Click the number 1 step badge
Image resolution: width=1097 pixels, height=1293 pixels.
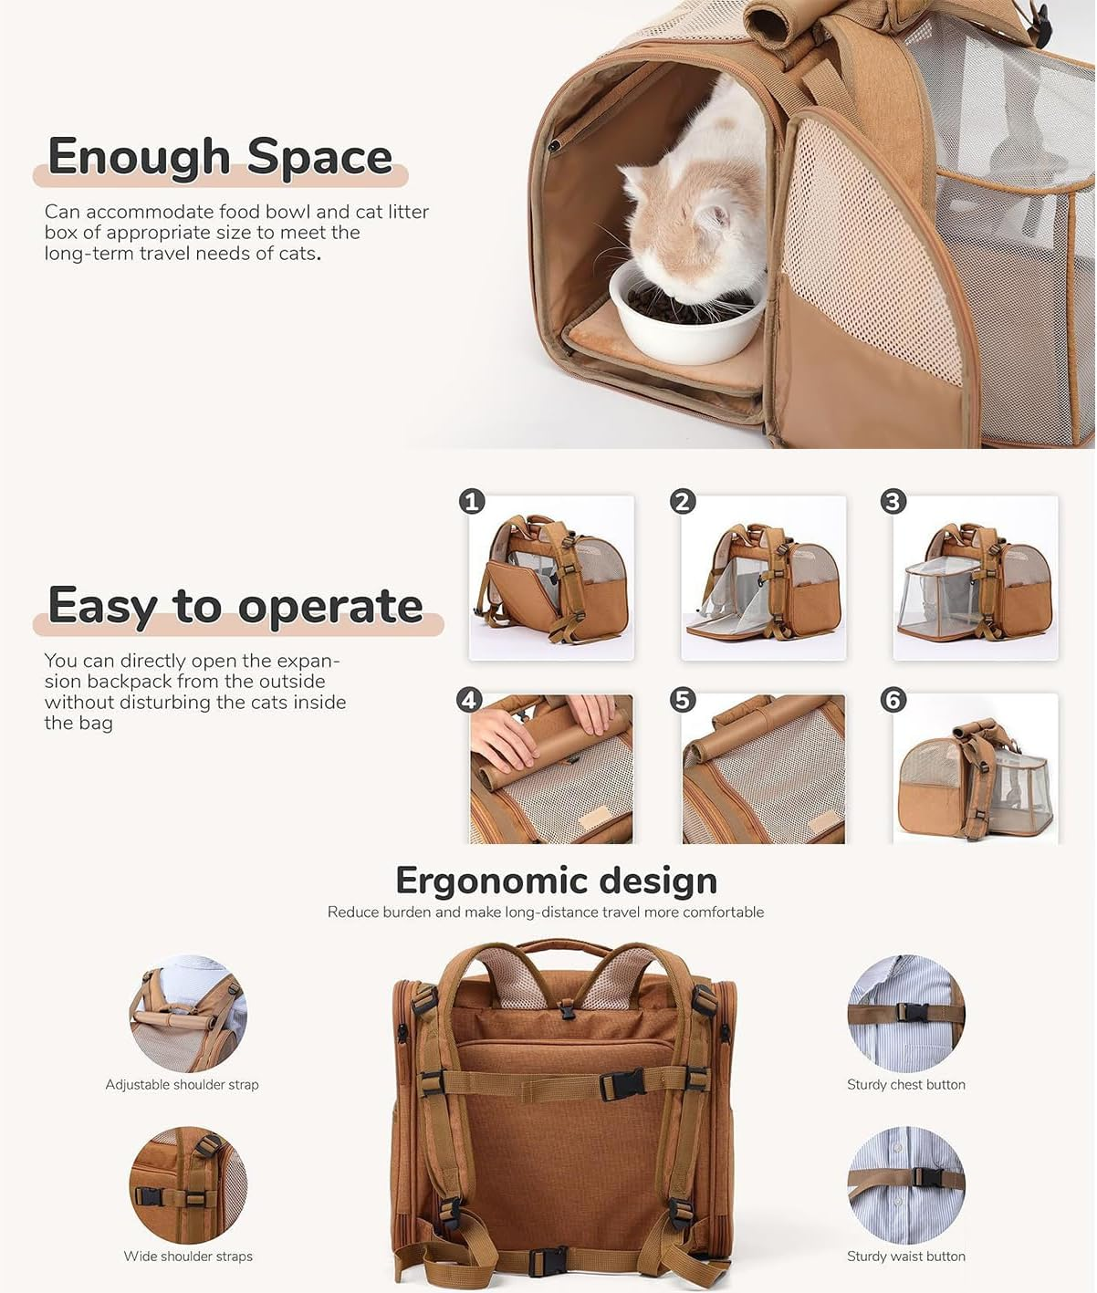coord(472,501)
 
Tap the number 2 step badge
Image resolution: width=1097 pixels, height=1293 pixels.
coord(683,501)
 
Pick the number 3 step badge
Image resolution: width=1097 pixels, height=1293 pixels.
coord(893,501)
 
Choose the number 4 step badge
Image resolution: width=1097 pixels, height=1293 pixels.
coord(469,700)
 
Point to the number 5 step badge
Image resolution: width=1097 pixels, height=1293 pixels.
coord(683,700)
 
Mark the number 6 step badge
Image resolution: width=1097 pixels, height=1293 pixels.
coord(893,700)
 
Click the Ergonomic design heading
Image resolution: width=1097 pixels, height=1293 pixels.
coord(556,881)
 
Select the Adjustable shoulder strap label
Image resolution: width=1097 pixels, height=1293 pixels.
coord(182,1084)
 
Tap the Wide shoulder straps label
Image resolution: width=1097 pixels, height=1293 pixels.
coord(188,1256)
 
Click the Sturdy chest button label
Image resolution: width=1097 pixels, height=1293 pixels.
coord(905,1084)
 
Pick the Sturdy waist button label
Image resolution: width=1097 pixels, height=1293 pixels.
coord(905,1256)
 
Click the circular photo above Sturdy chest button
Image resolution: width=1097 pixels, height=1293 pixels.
coord(905,1013)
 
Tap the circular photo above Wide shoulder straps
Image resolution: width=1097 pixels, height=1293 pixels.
coord(188,1184)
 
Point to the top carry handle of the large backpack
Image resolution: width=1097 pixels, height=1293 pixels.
coord(563,946)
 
